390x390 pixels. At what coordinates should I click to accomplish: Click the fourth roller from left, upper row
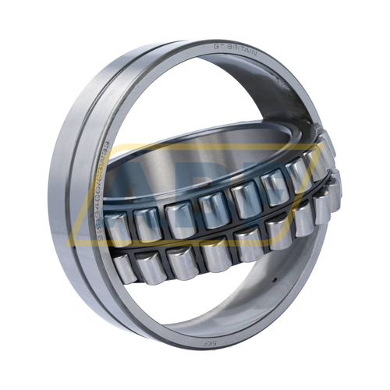tap(212, 209)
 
